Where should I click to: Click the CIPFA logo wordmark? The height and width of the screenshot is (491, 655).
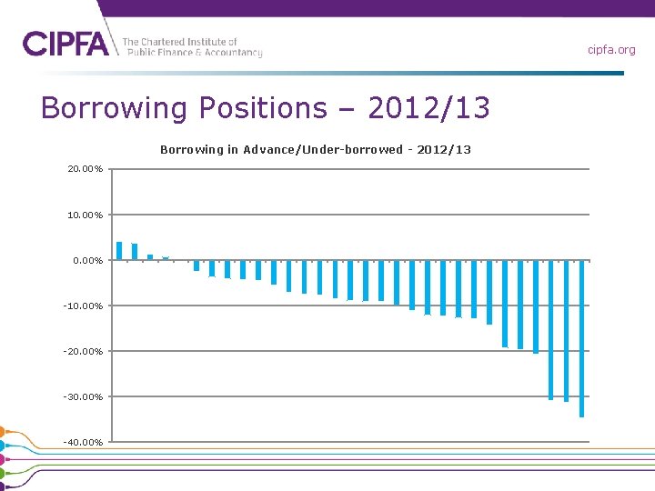[65, 44]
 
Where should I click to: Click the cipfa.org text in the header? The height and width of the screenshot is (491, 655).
[610, 50]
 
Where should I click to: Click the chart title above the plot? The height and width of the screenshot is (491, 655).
[316, 149]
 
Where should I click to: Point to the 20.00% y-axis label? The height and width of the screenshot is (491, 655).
[85, 169]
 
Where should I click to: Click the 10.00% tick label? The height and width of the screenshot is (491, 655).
[85, 215]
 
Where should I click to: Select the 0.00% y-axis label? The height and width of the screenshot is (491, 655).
[86, 260]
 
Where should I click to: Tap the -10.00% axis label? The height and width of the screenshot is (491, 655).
[83, 306]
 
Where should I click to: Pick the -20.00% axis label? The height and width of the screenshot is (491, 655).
[83, 351]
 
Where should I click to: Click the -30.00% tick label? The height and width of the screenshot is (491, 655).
[83, 396]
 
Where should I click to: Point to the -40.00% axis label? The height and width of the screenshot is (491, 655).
[83, 442]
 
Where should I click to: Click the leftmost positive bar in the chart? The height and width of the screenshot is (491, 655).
[119, 251]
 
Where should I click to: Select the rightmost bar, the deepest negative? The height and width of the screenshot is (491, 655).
[582, 338]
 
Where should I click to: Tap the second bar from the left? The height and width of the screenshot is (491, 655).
[135, 252]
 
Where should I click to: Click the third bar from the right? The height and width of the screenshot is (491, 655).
[551, 329]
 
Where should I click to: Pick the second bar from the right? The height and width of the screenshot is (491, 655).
[567, 330]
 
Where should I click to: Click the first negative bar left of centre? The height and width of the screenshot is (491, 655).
[196, 266]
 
